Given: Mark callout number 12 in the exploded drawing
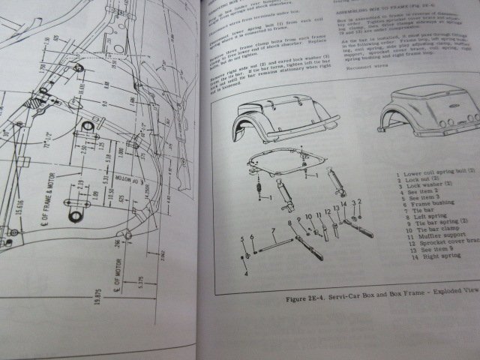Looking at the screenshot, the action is point(328,211).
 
